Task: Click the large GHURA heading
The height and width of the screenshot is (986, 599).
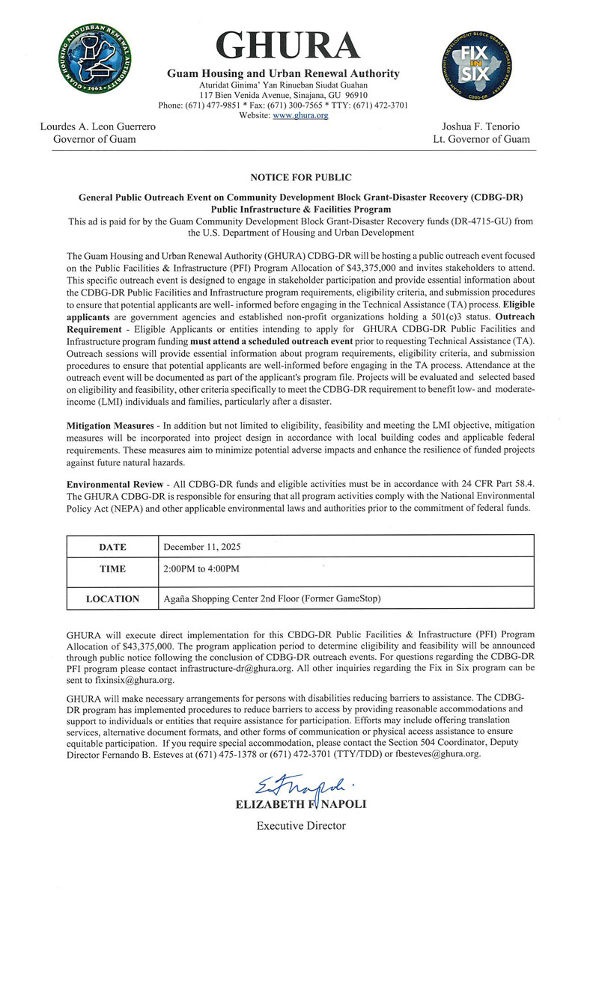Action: tap(288, 46)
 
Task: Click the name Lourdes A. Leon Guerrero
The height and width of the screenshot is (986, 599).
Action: tap(98, 126)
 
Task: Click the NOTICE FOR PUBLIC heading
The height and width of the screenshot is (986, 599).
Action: tap(301, 178)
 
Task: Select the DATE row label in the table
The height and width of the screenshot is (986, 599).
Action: tap(112, 548)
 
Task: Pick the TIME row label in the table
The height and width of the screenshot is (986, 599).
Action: tap(112, 569)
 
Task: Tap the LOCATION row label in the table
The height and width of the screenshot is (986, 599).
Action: tap(112, 599)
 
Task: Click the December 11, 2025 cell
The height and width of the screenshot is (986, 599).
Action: tap(202, 548)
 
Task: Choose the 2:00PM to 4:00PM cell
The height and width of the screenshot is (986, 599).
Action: tap(201, 569)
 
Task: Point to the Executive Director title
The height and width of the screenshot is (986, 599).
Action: tap(301, 826)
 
